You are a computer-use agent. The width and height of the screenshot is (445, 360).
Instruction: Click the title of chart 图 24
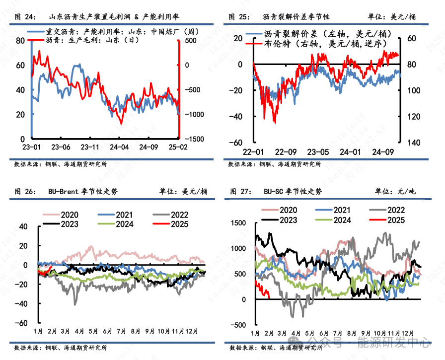pos(106,17)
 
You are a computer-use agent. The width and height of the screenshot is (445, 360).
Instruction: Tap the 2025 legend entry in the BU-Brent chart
pos(177,224)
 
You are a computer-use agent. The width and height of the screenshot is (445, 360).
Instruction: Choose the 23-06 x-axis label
pos(61,147)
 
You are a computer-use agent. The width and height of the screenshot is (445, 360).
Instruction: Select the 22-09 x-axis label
pos(286,152)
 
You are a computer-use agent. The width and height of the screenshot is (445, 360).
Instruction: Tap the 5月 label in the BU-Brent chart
pos(93,331)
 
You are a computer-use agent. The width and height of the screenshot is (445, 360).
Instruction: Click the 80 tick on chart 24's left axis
pos(20,41)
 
